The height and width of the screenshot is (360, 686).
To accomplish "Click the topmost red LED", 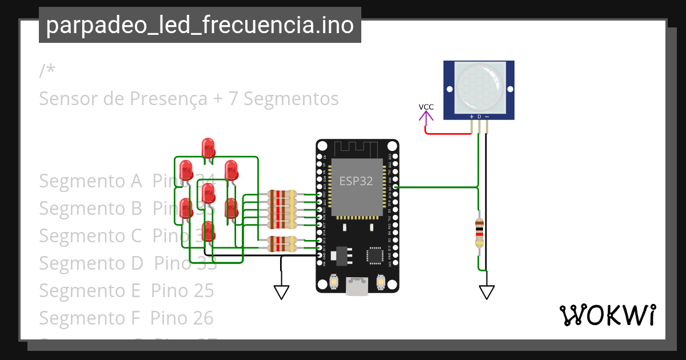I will pos(209,147).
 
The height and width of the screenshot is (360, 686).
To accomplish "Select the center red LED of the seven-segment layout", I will pos(208,192).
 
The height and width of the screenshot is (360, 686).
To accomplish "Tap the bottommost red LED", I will pos(209,230).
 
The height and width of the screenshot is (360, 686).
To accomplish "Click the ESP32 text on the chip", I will pos(356,181).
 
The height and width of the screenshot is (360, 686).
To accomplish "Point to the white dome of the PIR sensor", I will pos(479,86).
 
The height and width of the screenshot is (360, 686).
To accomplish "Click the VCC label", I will pos(426,107).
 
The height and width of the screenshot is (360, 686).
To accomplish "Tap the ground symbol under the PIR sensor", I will pos(486,292).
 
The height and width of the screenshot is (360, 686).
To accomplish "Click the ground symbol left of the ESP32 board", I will pos(281,292).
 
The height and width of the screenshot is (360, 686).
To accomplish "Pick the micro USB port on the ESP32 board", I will pos(358,286).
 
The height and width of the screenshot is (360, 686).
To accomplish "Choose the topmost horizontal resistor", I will pos(280,195).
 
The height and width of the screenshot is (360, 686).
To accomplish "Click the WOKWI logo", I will pos(607,315).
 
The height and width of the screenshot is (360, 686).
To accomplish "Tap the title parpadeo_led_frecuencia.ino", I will pos(200,26).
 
